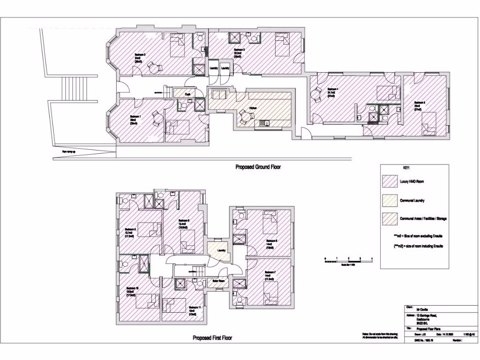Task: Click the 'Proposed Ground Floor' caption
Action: (258, 167)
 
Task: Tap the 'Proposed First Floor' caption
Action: (212, 338)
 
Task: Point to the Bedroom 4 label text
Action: (332, 89)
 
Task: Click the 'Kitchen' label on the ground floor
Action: (253, 108)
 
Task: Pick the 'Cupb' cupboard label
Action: (187, 94)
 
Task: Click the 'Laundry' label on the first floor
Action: (222, 250)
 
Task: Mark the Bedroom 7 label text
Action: (270, 272)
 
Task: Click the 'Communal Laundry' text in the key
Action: (413, 201)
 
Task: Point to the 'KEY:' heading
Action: (406, 168)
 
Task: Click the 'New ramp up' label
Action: (68, 151)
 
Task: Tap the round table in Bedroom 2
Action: (152, 68)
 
